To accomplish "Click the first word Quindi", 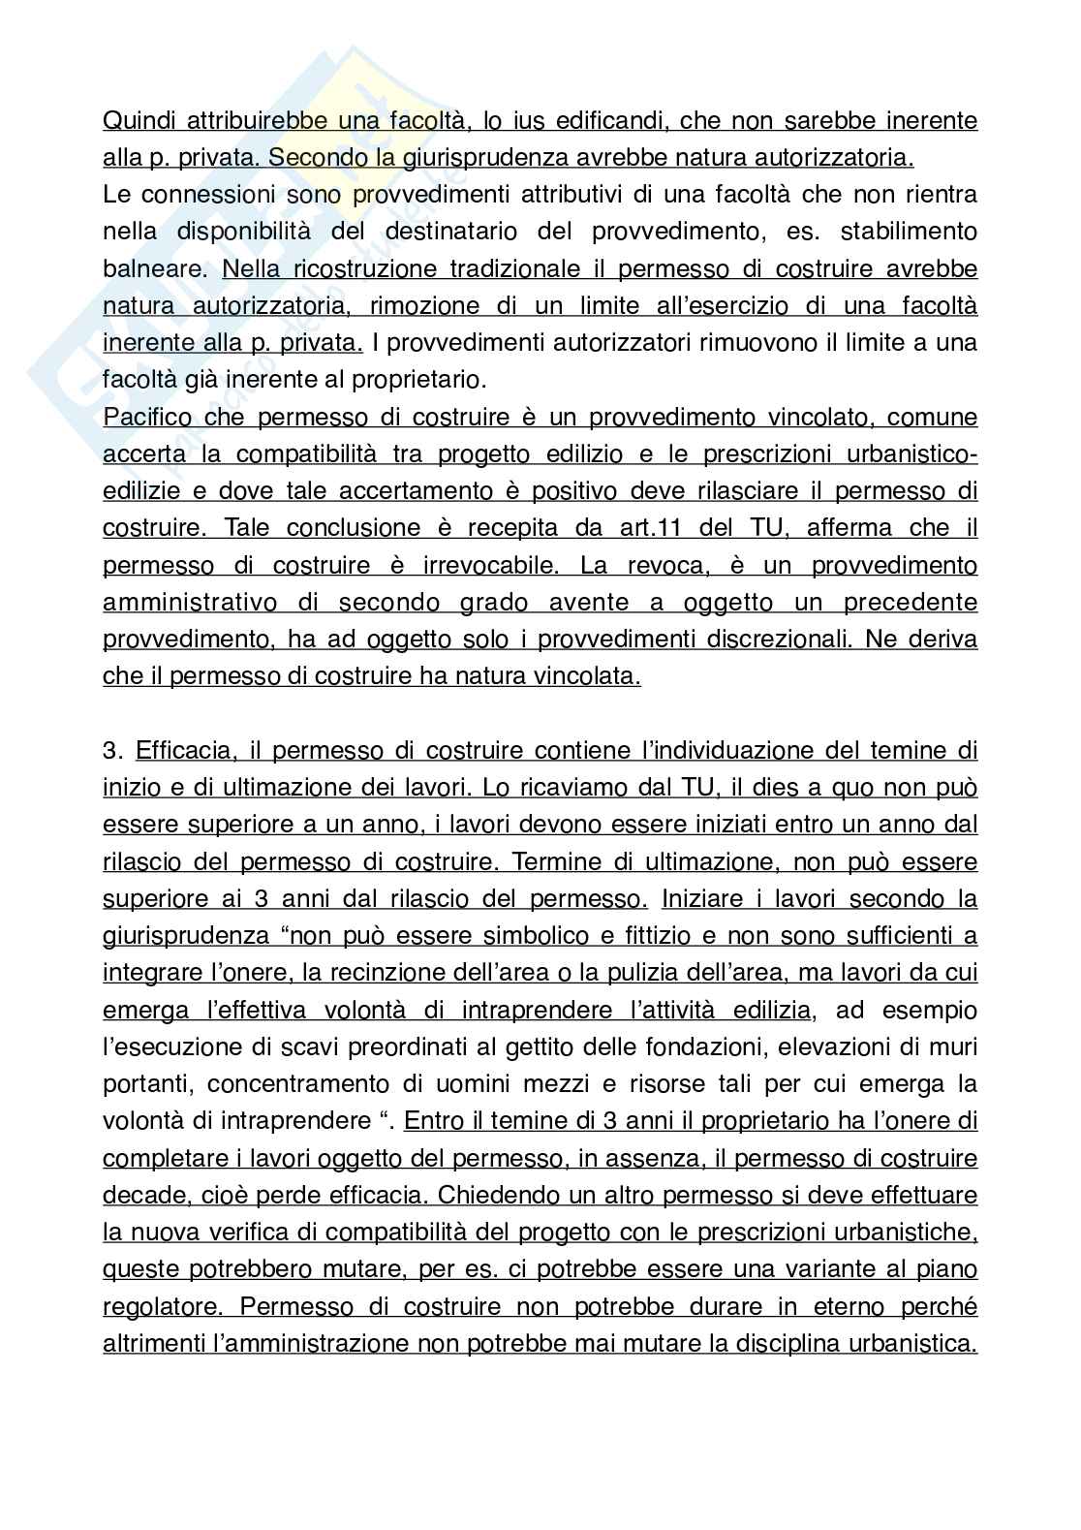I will tap(139, 120).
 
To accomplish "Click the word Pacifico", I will tap(147, 418).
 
